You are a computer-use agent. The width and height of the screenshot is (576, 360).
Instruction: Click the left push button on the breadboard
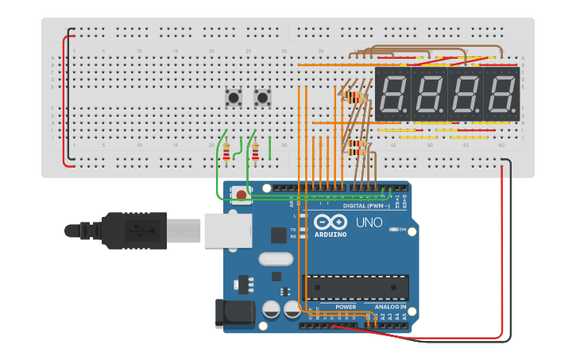(234, 98)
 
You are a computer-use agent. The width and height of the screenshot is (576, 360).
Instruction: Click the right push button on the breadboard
(262, 98)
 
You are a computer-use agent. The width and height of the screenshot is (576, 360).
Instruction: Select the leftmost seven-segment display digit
(393, 94)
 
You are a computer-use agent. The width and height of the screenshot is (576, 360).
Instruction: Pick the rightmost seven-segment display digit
(502, 94)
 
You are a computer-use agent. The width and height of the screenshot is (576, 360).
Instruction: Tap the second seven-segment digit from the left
(430, 94)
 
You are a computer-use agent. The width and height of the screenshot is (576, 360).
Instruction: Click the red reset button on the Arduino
(241, 193)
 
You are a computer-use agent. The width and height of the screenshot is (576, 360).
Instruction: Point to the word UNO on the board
(368, 223)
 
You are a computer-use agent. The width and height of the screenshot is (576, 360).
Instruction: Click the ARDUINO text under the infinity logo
(331, 234)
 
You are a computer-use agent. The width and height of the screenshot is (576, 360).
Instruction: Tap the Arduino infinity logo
(330, 222)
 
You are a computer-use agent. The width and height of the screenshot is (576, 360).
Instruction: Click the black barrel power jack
(236, 312)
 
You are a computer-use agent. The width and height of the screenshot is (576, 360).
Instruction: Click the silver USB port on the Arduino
(228, 230)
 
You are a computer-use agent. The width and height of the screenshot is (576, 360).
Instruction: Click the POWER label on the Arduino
(346, 307)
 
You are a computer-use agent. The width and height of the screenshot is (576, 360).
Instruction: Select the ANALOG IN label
(390, 307)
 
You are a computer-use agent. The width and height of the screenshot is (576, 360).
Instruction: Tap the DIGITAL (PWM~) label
(366, 205)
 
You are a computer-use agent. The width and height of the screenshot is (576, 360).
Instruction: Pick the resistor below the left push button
(226, 150)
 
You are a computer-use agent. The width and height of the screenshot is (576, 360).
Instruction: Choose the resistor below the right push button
(255, 150)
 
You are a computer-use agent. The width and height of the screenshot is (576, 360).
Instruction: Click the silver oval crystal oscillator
(276, 258)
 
